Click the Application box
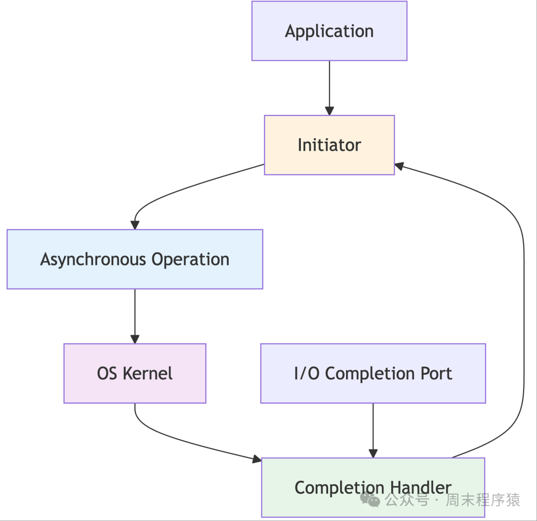pyautogui.click(x=329, y=31)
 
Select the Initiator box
pyautogui.click(x=329, y=145)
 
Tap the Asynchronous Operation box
pyautogui.click(x=135, y=259)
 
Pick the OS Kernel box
pyautogui.click(x=135, y=373)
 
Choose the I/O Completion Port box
pyautogui.click(x=373, y=373)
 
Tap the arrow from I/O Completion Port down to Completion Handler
pyautogui.click(x=373, y=431)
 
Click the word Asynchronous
pyautogui.click(x=92, y=260)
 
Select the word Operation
pyautogui.click(x=190, y=260)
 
